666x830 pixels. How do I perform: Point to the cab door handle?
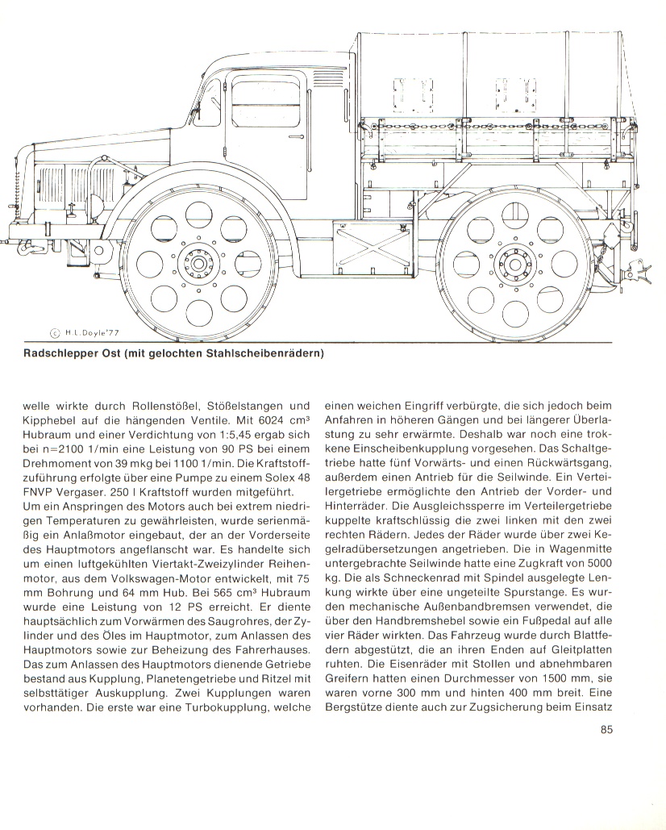point(296,139)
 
